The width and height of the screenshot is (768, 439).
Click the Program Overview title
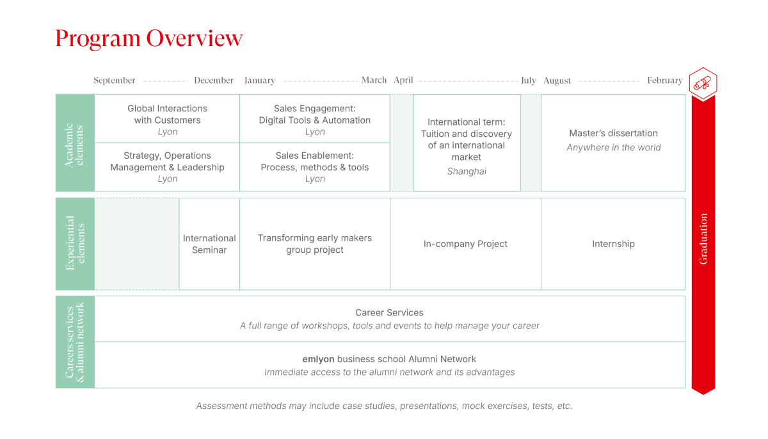pyautogui.click(x=148, y=38)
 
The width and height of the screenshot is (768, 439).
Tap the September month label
pyautogui.click(x=115, y=81)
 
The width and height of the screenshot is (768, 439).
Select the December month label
pyautogui.click(x=214, y=80)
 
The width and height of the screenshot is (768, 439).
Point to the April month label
pyautogui.click(x=403, y=81)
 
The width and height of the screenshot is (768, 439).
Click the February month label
pyautogui.click(x=665, y=81)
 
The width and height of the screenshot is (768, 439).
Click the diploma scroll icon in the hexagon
pyautogui.click(x=703, y=84)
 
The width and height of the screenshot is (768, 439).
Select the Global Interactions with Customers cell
pyautogui.click(x=167, y=118)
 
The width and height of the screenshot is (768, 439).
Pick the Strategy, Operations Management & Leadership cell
pyautogui.click(x=167, y=167)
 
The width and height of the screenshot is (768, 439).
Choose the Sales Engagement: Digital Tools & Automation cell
pyautogui.click(x=315, y=118)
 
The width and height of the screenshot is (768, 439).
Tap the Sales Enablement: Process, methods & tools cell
pyautogui.click(x=315, y=167)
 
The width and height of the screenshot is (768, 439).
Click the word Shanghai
pyautogui.click(x=467, y=172)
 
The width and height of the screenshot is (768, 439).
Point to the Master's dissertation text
pyautogui.click(x=613, y=133)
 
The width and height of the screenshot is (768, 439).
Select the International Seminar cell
pyautogui.click(x=209, y=244)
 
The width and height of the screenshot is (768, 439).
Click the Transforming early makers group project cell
pyautogui.click(x=315, y=244)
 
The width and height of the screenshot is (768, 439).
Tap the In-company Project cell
pyautogui.click(x=466, y=244)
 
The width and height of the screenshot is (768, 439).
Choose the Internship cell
pyautogui.click(x=613, y=244)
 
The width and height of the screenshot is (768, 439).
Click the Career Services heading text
pyautogui.click(x=389, y=312)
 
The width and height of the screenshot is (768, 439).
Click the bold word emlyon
pyautogui.click(x=318, y=359)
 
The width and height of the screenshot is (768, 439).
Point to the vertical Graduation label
pyautogui.click(x=703, y=239)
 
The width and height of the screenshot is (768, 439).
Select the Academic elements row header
pyautogui.click(x=75, y=143)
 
